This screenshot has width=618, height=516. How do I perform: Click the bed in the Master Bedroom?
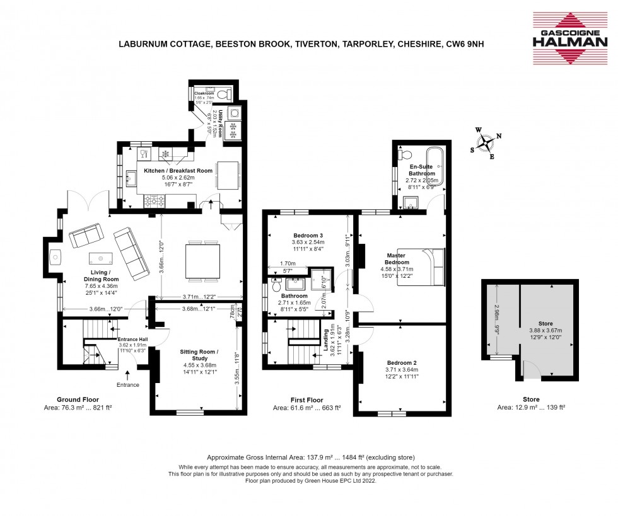pyautogui.click(x=422, y=267)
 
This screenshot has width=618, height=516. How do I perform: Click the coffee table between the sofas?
pyautogui.click(x=101, y=258)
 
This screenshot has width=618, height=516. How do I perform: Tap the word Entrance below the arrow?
pyautogui.click(x=129, y=385)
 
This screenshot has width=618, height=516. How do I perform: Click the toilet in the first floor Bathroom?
pyautogui.click(x=276, y=287)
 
